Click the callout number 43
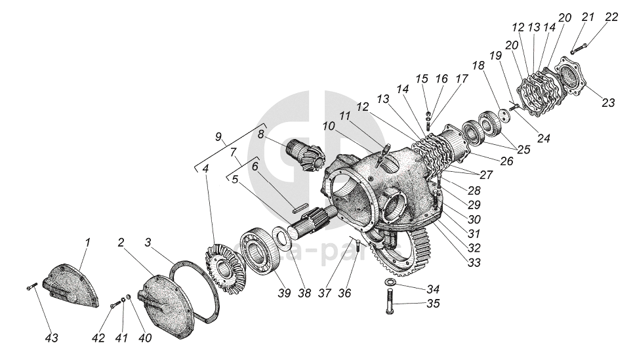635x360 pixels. [51, 338]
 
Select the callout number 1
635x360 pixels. [87, 243]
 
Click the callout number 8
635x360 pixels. [261, 134]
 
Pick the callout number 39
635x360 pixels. [283, 292]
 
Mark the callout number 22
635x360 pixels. [611, 16]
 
